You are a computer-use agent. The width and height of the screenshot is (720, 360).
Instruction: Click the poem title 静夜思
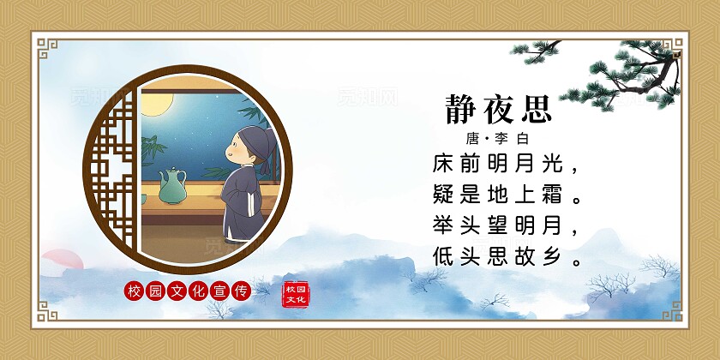coord(498,109)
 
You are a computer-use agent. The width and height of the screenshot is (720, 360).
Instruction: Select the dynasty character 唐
coord(472,138)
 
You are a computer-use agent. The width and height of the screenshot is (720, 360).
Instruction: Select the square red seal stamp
coord(294,292)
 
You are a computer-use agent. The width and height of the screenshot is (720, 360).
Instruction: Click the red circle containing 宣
coord(219,291)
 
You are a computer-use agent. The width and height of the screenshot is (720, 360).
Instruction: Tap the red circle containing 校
coord(133,291)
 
